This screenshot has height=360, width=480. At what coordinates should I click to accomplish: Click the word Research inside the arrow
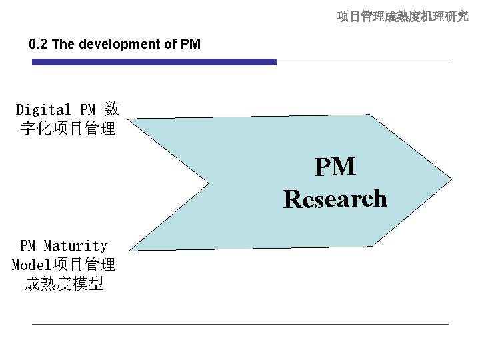[335, 199]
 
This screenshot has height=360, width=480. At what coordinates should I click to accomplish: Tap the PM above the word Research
[335, 167]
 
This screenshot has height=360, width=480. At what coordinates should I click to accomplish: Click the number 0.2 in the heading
[39, 45]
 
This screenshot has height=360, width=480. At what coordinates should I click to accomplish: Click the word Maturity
[75, 247]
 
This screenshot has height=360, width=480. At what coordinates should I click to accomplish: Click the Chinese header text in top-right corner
[402, 16]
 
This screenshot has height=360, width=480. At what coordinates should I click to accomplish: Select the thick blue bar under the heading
[154, 62]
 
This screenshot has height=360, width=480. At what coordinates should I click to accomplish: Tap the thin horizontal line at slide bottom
[240, 324]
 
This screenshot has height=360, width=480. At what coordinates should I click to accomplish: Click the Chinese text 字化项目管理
[68, 127]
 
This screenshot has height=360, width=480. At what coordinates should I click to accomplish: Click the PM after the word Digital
[87, 109]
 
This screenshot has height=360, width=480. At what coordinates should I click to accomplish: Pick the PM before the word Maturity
[28, 247]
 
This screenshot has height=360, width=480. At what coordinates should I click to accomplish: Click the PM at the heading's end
[190, 45]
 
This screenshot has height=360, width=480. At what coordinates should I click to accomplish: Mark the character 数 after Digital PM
[112, 109]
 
